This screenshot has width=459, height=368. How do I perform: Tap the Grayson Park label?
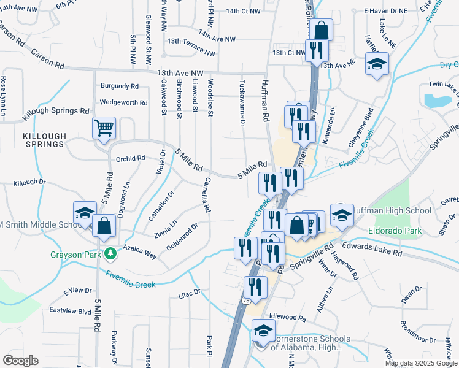tap(75, 253)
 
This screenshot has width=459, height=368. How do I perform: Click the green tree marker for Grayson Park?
tap(110, 253)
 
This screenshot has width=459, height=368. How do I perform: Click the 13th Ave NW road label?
tap(179, 72)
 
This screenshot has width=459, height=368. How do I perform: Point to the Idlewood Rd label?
tap(287, 318)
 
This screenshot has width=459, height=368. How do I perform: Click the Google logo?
tap(20, 361)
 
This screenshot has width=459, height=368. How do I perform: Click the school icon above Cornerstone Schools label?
tap(264, 331)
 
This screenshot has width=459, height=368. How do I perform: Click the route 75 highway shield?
tap(246, 301)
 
